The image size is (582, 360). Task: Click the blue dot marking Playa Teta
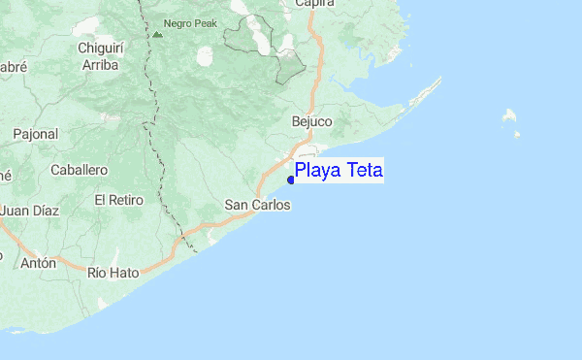point(291,179)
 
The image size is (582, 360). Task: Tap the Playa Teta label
point(339,172)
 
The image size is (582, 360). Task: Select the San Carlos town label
point(257,205)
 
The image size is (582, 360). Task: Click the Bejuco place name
point(311,122)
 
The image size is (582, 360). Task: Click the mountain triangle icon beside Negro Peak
point(156,33)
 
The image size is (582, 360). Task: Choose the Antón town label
point(39,262)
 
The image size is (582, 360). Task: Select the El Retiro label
point(118,200)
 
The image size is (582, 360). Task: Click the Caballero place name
point(79,170)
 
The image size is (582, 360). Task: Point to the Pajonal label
point(36,134)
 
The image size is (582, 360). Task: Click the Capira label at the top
point(314,4)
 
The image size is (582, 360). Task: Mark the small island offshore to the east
point(509,117)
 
